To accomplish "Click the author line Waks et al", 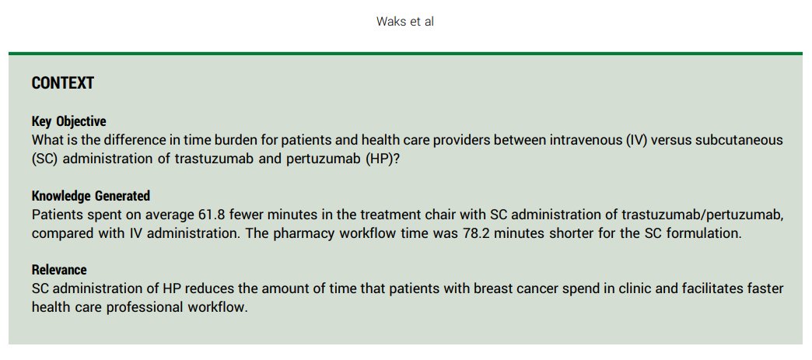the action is click(405, 22).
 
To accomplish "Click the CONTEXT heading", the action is click(63, 83).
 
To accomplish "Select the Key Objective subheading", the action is click(69, 122).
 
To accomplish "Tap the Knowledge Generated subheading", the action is click(91, 196).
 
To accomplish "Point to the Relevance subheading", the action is click(59, 270).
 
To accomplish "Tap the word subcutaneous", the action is click(744, 140).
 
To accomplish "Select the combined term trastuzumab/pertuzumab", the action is click(703, 215).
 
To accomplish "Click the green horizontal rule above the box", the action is click(405, 54).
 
